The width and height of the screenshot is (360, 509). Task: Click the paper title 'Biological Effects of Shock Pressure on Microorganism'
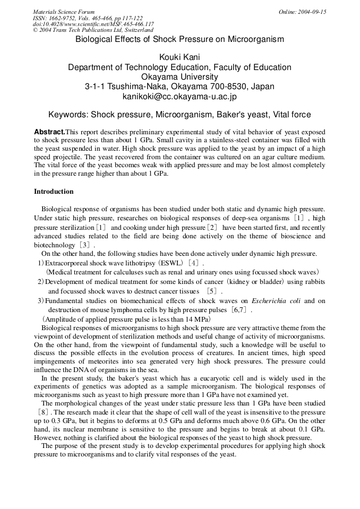(x=179, y=39)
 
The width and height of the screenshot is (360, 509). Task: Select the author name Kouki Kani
(x=179, y=57)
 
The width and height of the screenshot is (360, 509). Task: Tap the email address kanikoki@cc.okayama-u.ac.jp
(x=179, y=97)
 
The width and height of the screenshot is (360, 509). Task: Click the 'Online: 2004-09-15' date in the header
(x=302, y=12)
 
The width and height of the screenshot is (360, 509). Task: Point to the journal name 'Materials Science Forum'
(x=64, y=12)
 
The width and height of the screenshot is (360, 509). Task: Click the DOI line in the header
(x=93, y=24)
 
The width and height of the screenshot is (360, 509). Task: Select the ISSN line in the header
(x=88, y=18)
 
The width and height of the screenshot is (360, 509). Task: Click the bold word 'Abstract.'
(x=49, y=132)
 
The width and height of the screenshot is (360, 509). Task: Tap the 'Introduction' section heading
(x=54, y=192)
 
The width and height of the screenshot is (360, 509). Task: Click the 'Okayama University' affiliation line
(x=179, y=77)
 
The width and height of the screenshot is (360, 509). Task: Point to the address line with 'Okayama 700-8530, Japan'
(x=179, y=87)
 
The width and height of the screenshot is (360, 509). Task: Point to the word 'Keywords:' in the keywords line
(x=68, y=115)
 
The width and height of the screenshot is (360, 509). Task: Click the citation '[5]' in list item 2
(x=212, y=291)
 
